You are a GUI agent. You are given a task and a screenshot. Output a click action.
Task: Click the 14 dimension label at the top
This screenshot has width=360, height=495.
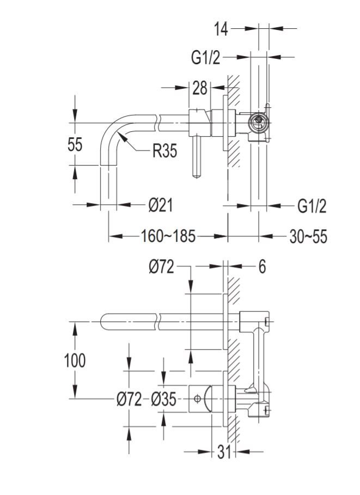(x=221, y=29)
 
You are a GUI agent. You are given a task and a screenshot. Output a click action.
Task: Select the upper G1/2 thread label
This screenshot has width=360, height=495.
(x=206, y=57)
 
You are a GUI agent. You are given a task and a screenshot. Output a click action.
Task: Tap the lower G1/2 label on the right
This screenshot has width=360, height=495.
(x=312, y=206)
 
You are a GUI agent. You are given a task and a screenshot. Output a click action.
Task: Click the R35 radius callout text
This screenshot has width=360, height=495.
(x=164, y=151)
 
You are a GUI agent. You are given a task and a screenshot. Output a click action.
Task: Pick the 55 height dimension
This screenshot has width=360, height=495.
(x=75, y=144)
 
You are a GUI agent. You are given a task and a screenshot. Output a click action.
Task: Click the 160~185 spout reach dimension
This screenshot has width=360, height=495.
(x=168, y=236)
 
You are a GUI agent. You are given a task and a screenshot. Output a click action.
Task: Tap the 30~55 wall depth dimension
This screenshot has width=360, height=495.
(x=308, y=236)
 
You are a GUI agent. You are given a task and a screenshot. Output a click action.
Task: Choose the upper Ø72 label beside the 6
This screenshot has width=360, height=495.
(x=161, y=267)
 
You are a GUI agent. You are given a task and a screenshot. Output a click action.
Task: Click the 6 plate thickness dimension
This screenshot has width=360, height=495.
(x=261, y=267)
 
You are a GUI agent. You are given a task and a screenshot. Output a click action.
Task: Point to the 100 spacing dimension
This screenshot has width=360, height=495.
(x=75, y=360)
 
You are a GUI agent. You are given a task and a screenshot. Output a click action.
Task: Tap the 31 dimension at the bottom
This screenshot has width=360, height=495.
(x=224, y=452)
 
